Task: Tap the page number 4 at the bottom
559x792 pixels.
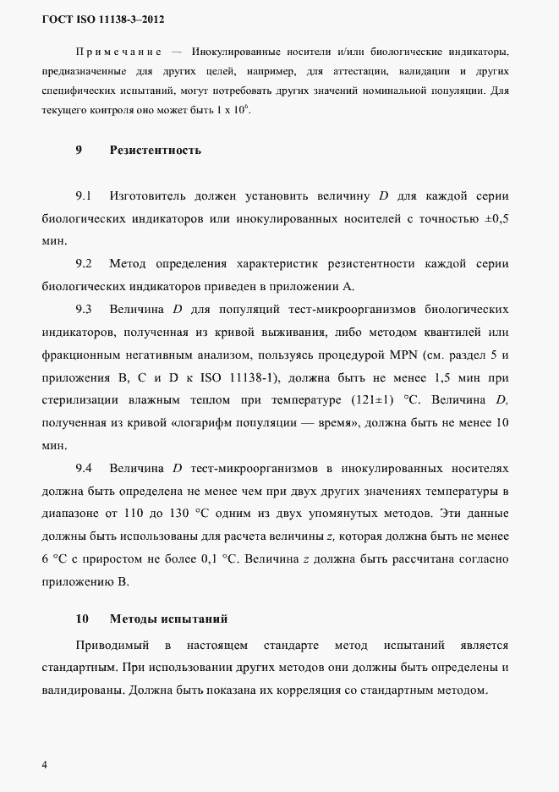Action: coord(45,765)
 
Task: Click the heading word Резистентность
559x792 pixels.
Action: coord(155,151)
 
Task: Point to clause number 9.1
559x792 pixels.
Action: coord(84,196)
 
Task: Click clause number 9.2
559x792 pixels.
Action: coord(84,263)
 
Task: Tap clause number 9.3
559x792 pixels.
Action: coord(84,307)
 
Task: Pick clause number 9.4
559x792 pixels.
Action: coord(84,467)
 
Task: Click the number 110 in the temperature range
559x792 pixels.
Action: coord(144,511)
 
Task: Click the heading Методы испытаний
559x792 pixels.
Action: coord(169,619)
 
